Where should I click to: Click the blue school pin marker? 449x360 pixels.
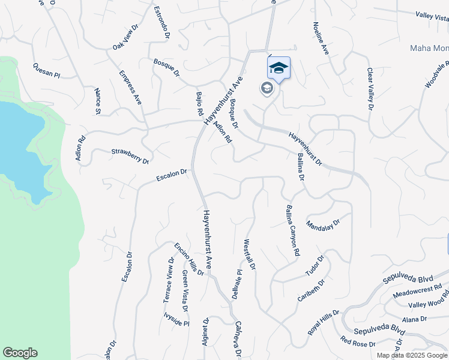pos(279,68)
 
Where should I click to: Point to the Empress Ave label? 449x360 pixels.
pos(130,88)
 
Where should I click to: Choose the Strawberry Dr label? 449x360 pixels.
pos(130,155)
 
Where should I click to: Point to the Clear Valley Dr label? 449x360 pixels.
pos(370,88)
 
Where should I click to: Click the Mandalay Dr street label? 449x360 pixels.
pos(323,225)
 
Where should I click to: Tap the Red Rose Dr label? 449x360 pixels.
pos(357,342)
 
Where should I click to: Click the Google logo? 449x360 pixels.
pos(20,353)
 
